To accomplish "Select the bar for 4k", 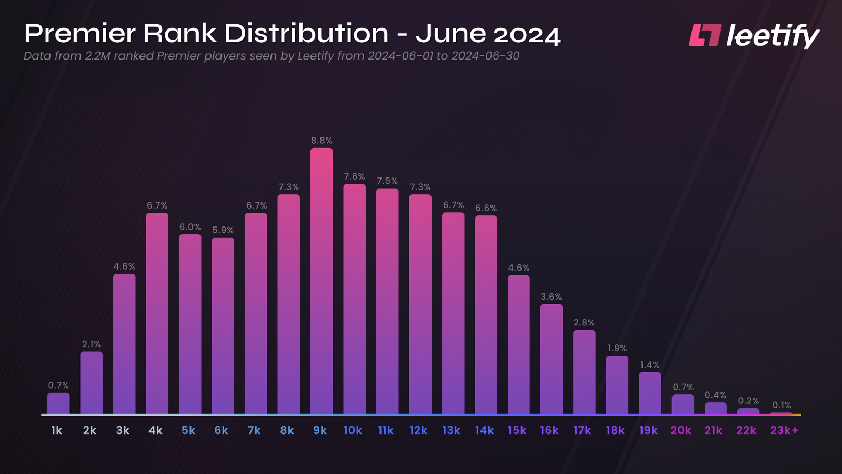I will pos(157,313).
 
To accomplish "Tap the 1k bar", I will pos(58,403).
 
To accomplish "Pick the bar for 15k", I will pos(519,344).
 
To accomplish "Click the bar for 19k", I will pos(650,393).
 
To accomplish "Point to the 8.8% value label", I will pos(322,141).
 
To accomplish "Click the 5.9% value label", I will pos(223,230).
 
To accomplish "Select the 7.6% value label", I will pos(354,176).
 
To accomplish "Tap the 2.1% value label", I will pos(91,344).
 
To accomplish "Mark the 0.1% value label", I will pos(781,405).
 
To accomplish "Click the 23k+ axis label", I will pos(784,430).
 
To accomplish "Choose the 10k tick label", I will pos(353,430).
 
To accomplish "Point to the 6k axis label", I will pos(221,430).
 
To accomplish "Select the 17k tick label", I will pos(582,430).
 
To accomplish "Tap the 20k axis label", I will pos(680,430).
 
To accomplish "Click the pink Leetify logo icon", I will pos(705,35).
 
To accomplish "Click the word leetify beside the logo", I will pos(773,36).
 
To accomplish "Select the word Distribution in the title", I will pos(306,33).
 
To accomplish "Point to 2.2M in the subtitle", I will pos(97,56).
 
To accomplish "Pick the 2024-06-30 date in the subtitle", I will pos(485,56).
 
